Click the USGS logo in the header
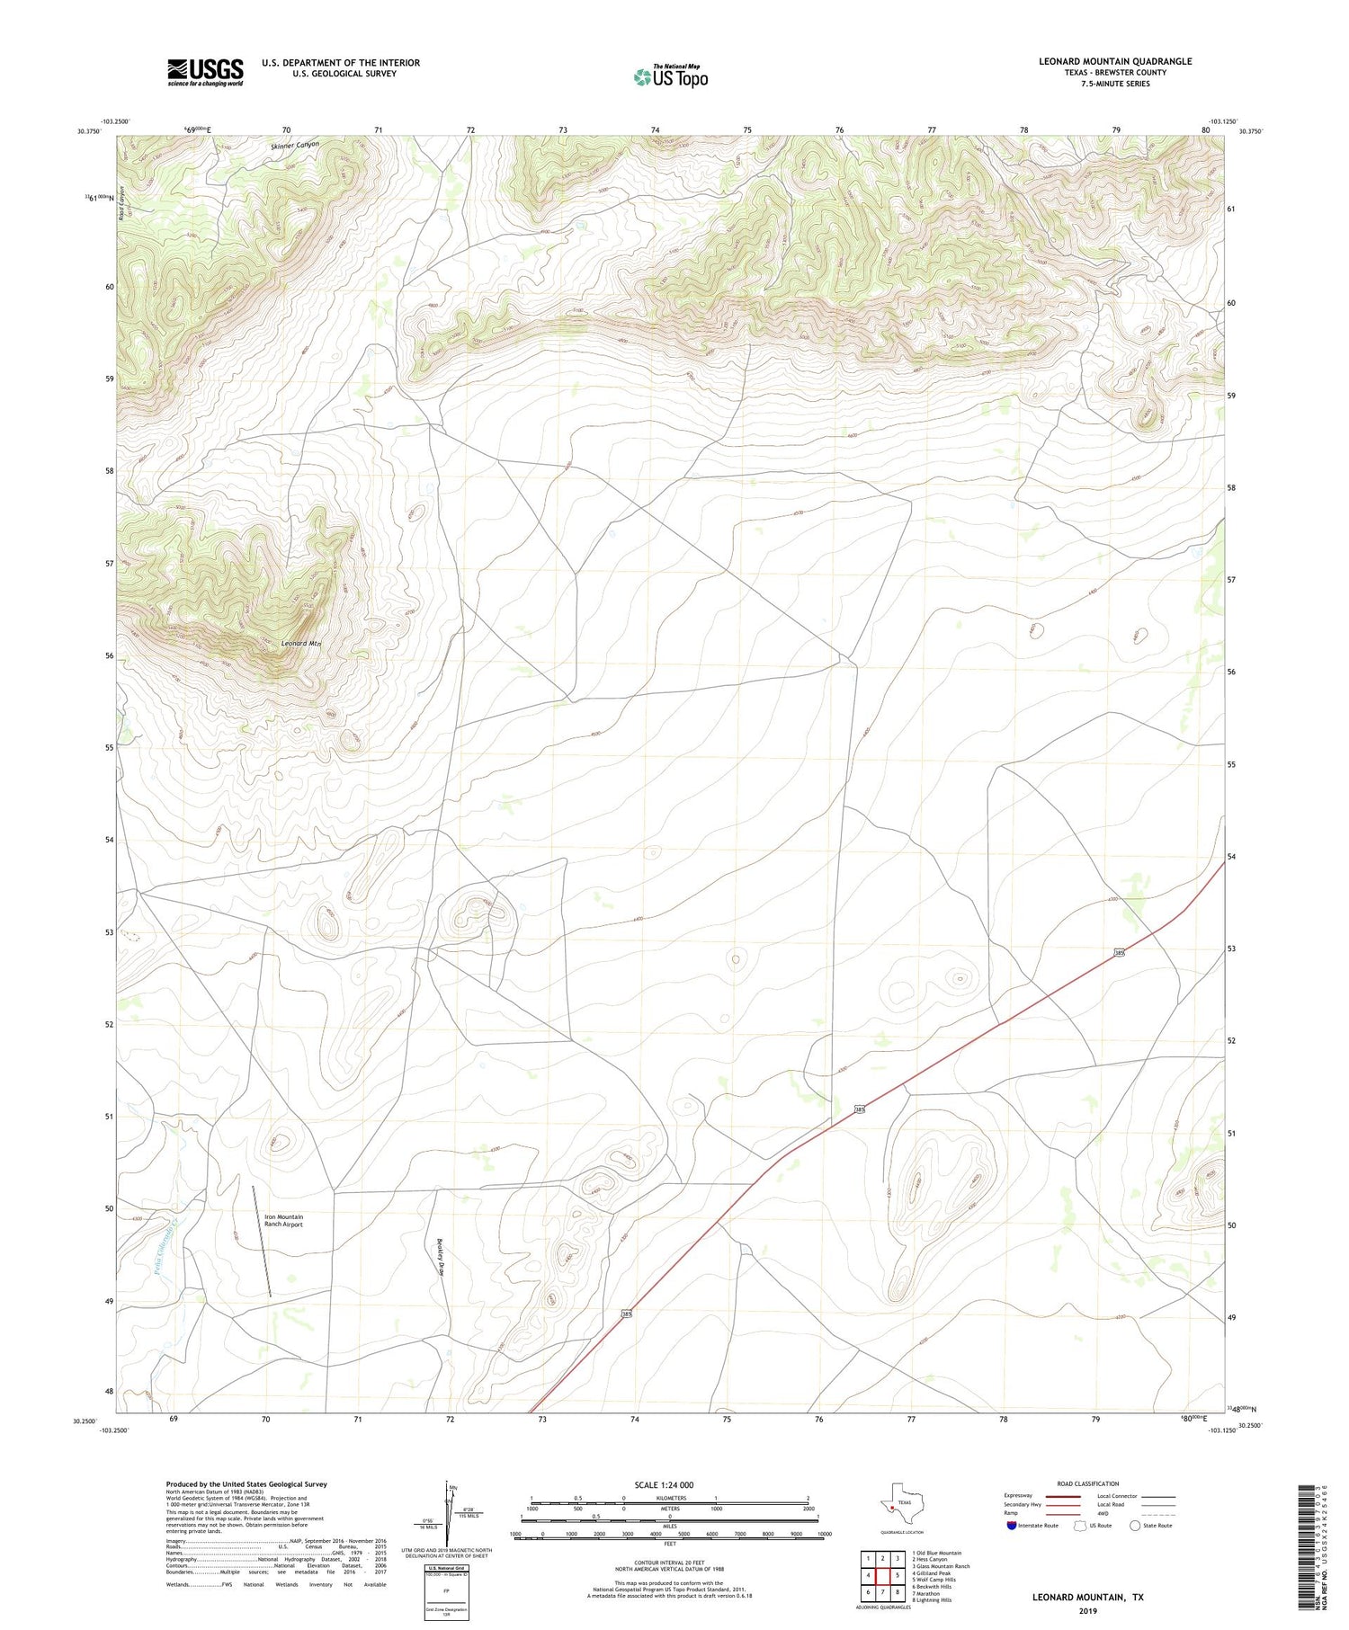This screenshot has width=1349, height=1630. [205, 72]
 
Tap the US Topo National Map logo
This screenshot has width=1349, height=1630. [670, 76]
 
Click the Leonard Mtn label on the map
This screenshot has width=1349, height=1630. [300, 644]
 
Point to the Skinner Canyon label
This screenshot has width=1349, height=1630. [294, 145]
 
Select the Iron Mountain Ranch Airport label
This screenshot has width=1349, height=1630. [283, 1220]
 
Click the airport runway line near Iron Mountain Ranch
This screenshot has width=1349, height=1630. [262, 1241]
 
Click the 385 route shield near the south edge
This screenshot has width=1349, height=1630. [626, 1314]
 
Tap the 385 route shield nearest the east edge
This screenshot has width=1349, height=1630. [1118, 953]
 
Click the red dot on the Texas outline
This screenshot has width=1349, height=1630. [891, 1508]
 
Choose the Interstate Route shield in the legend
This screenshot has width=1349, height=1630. [1012, 1525]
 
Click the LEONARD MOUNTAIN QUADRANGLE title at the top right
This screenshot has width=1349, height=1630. [1115, 61]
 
